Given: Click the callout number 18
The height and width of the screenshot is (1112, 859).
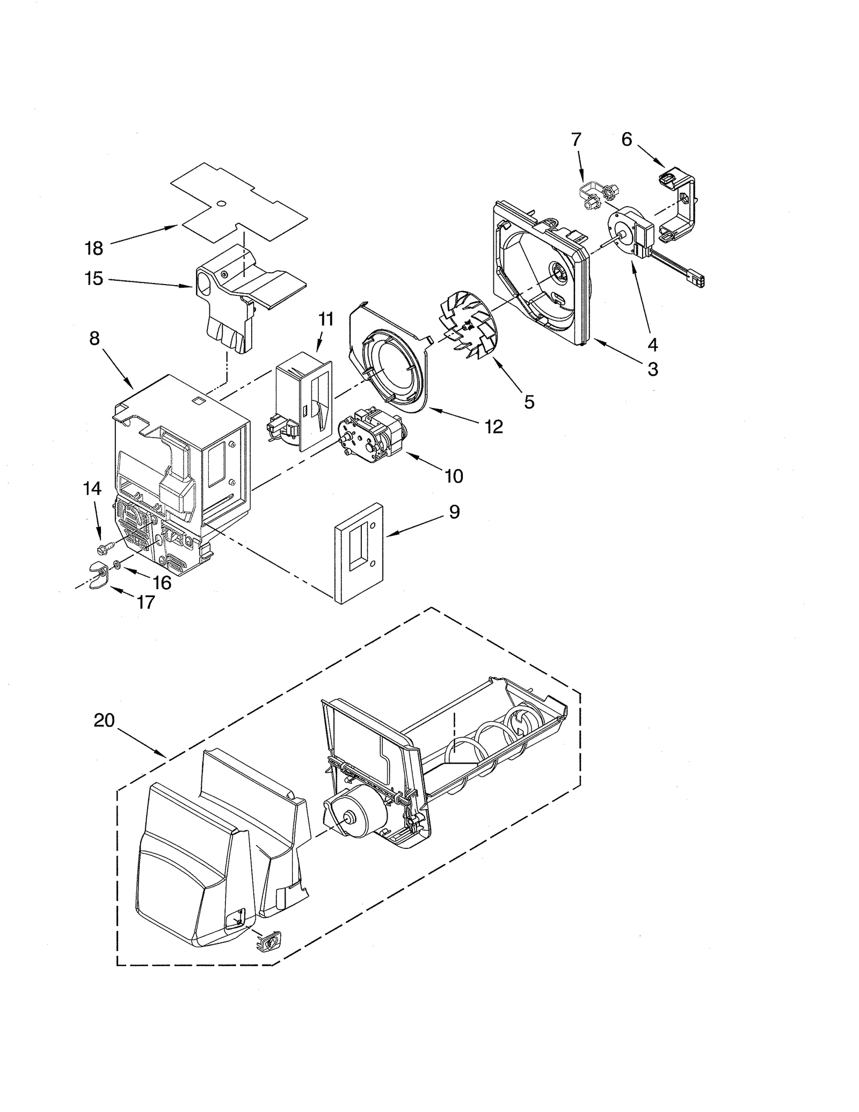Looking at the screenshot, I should [x=94, y=248].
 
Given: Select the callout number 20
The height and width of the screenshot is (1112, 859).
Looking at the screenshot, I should [x=104, y=720].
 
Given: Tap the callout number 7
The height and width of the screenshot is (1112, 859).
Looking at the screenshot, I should [x=576, y=140].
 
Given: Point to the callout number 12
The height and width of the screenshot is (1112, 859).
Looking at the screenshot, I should [x=493, y=426].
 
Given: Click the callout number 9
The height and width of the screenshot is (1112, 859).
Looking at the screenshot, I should [x=454, y=512].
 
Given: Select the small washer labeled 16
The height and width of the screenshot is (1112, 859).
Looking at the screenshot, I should [x=117, y=565].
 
